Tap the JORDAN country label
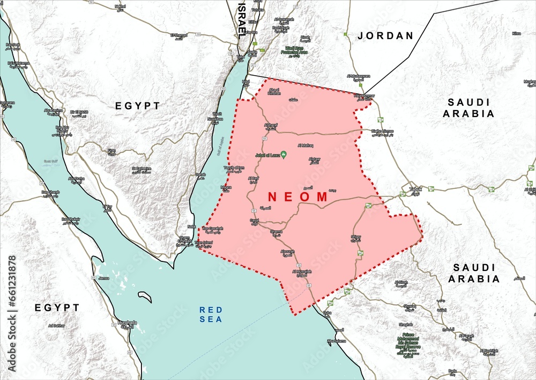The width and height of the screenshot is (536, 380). (x=386, y=36)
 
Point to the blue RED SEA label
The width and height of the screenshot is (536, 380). (x=210, y=314)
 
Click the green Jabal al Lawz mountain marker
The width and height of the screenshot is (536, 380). (x=284, y=155)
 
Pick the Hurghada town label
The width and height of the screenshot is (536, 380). (x=127, y=323)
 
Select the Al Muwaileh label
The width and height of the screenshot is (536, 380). (x=302, y=273)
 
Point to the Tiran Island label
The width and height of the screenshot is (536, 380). (x=204, y=243)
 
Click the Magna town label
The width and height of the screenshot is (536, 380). (x=226, y=188)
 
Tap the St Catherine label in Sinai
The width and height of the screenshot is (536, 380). (x=140, y=170)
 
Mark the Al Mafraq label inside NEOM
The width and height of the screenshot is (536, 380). (x=306, y=145)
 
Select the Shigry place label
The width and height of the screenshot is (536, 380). (x=355, y=237)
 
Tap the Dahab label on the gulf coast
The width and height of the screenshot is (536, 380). (x=200, y=175)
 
